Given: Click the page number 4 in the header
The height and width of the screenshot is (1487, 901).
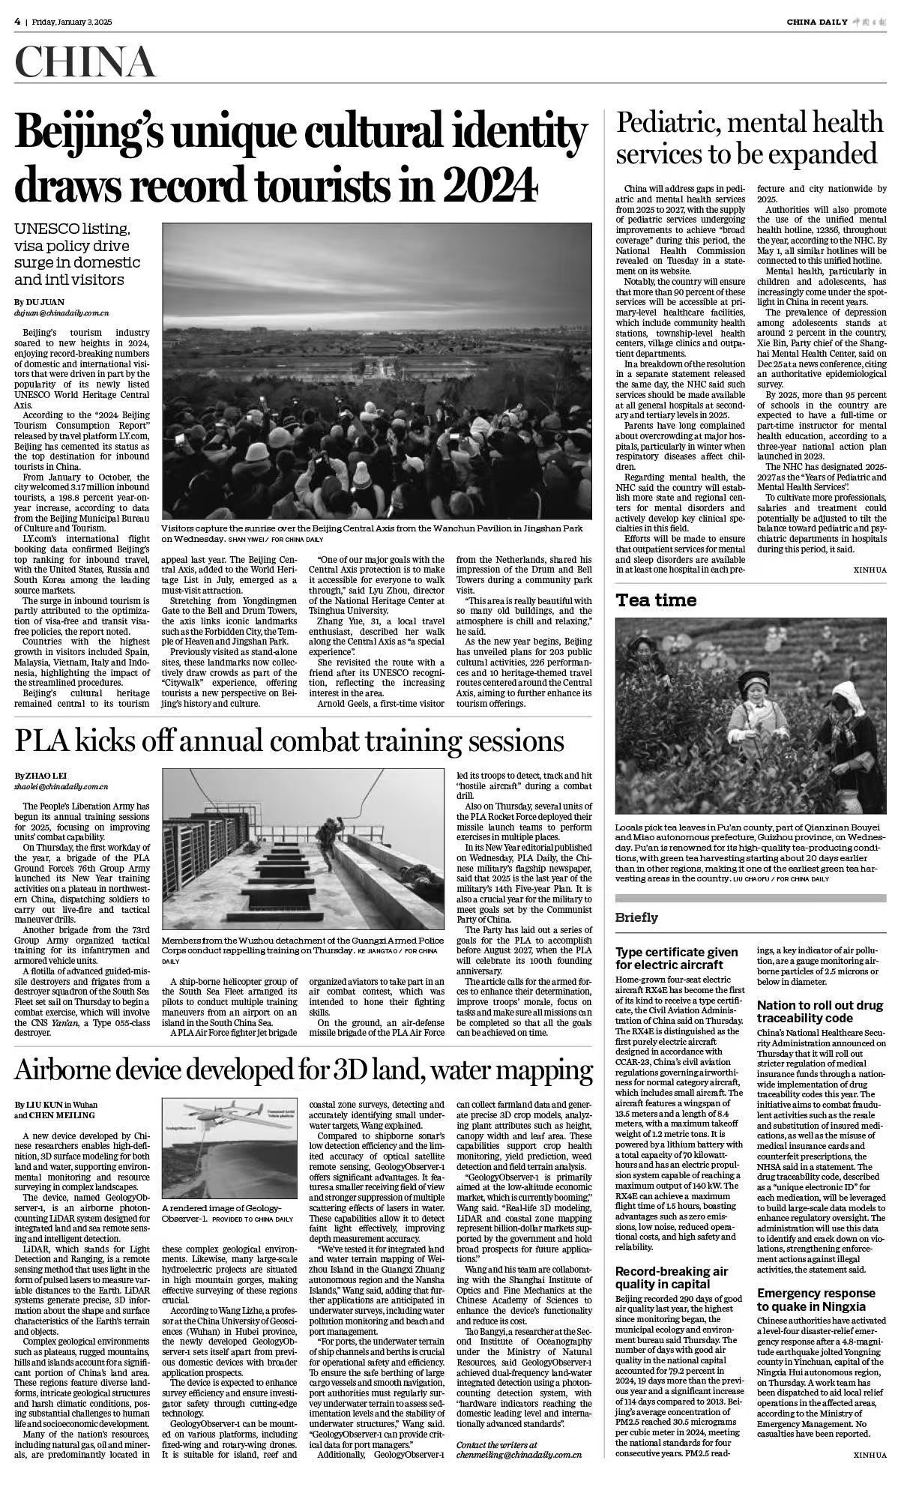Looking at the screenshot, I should [x=16, y=21].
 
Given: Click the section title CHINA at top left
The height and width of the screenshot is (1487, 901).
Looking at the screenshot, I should [x=85, y=63].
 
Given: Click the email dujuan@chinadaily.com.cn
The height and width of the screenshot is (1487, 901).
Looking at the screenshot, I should [x=61, y=313].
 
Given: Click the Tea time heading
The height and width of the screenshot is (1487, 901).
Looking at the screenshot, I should [x=656, y=600].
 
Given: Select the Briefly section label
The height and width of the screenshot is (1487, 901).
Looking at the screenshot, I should [x=636, y=917].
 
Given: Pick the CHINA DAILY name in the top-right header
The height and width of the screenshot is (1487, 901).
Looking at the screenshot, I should [x=816, y=22].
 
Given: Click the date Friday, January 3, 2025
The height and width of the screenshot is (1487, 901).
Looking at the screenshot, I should [x=72, y=22].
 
